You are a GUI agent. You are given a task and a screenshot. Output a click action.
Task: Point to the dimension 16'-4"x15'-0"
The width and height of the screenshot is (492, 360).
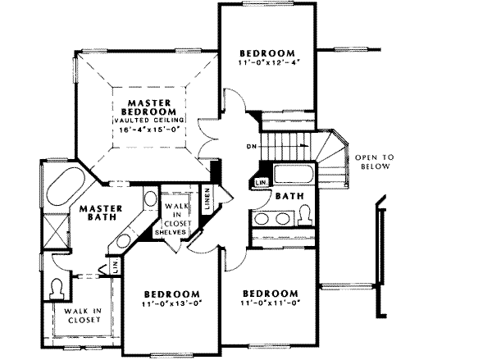click(x=148, y=129)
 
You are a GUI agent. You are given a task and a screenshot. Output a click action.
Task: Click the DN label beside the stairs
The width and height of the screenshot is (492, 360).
click(x=249, y=148)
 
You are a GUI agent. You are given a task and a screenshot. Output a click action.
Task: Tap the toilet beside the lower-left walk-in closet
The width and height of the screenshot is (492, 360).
click(x=56, y=288)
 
